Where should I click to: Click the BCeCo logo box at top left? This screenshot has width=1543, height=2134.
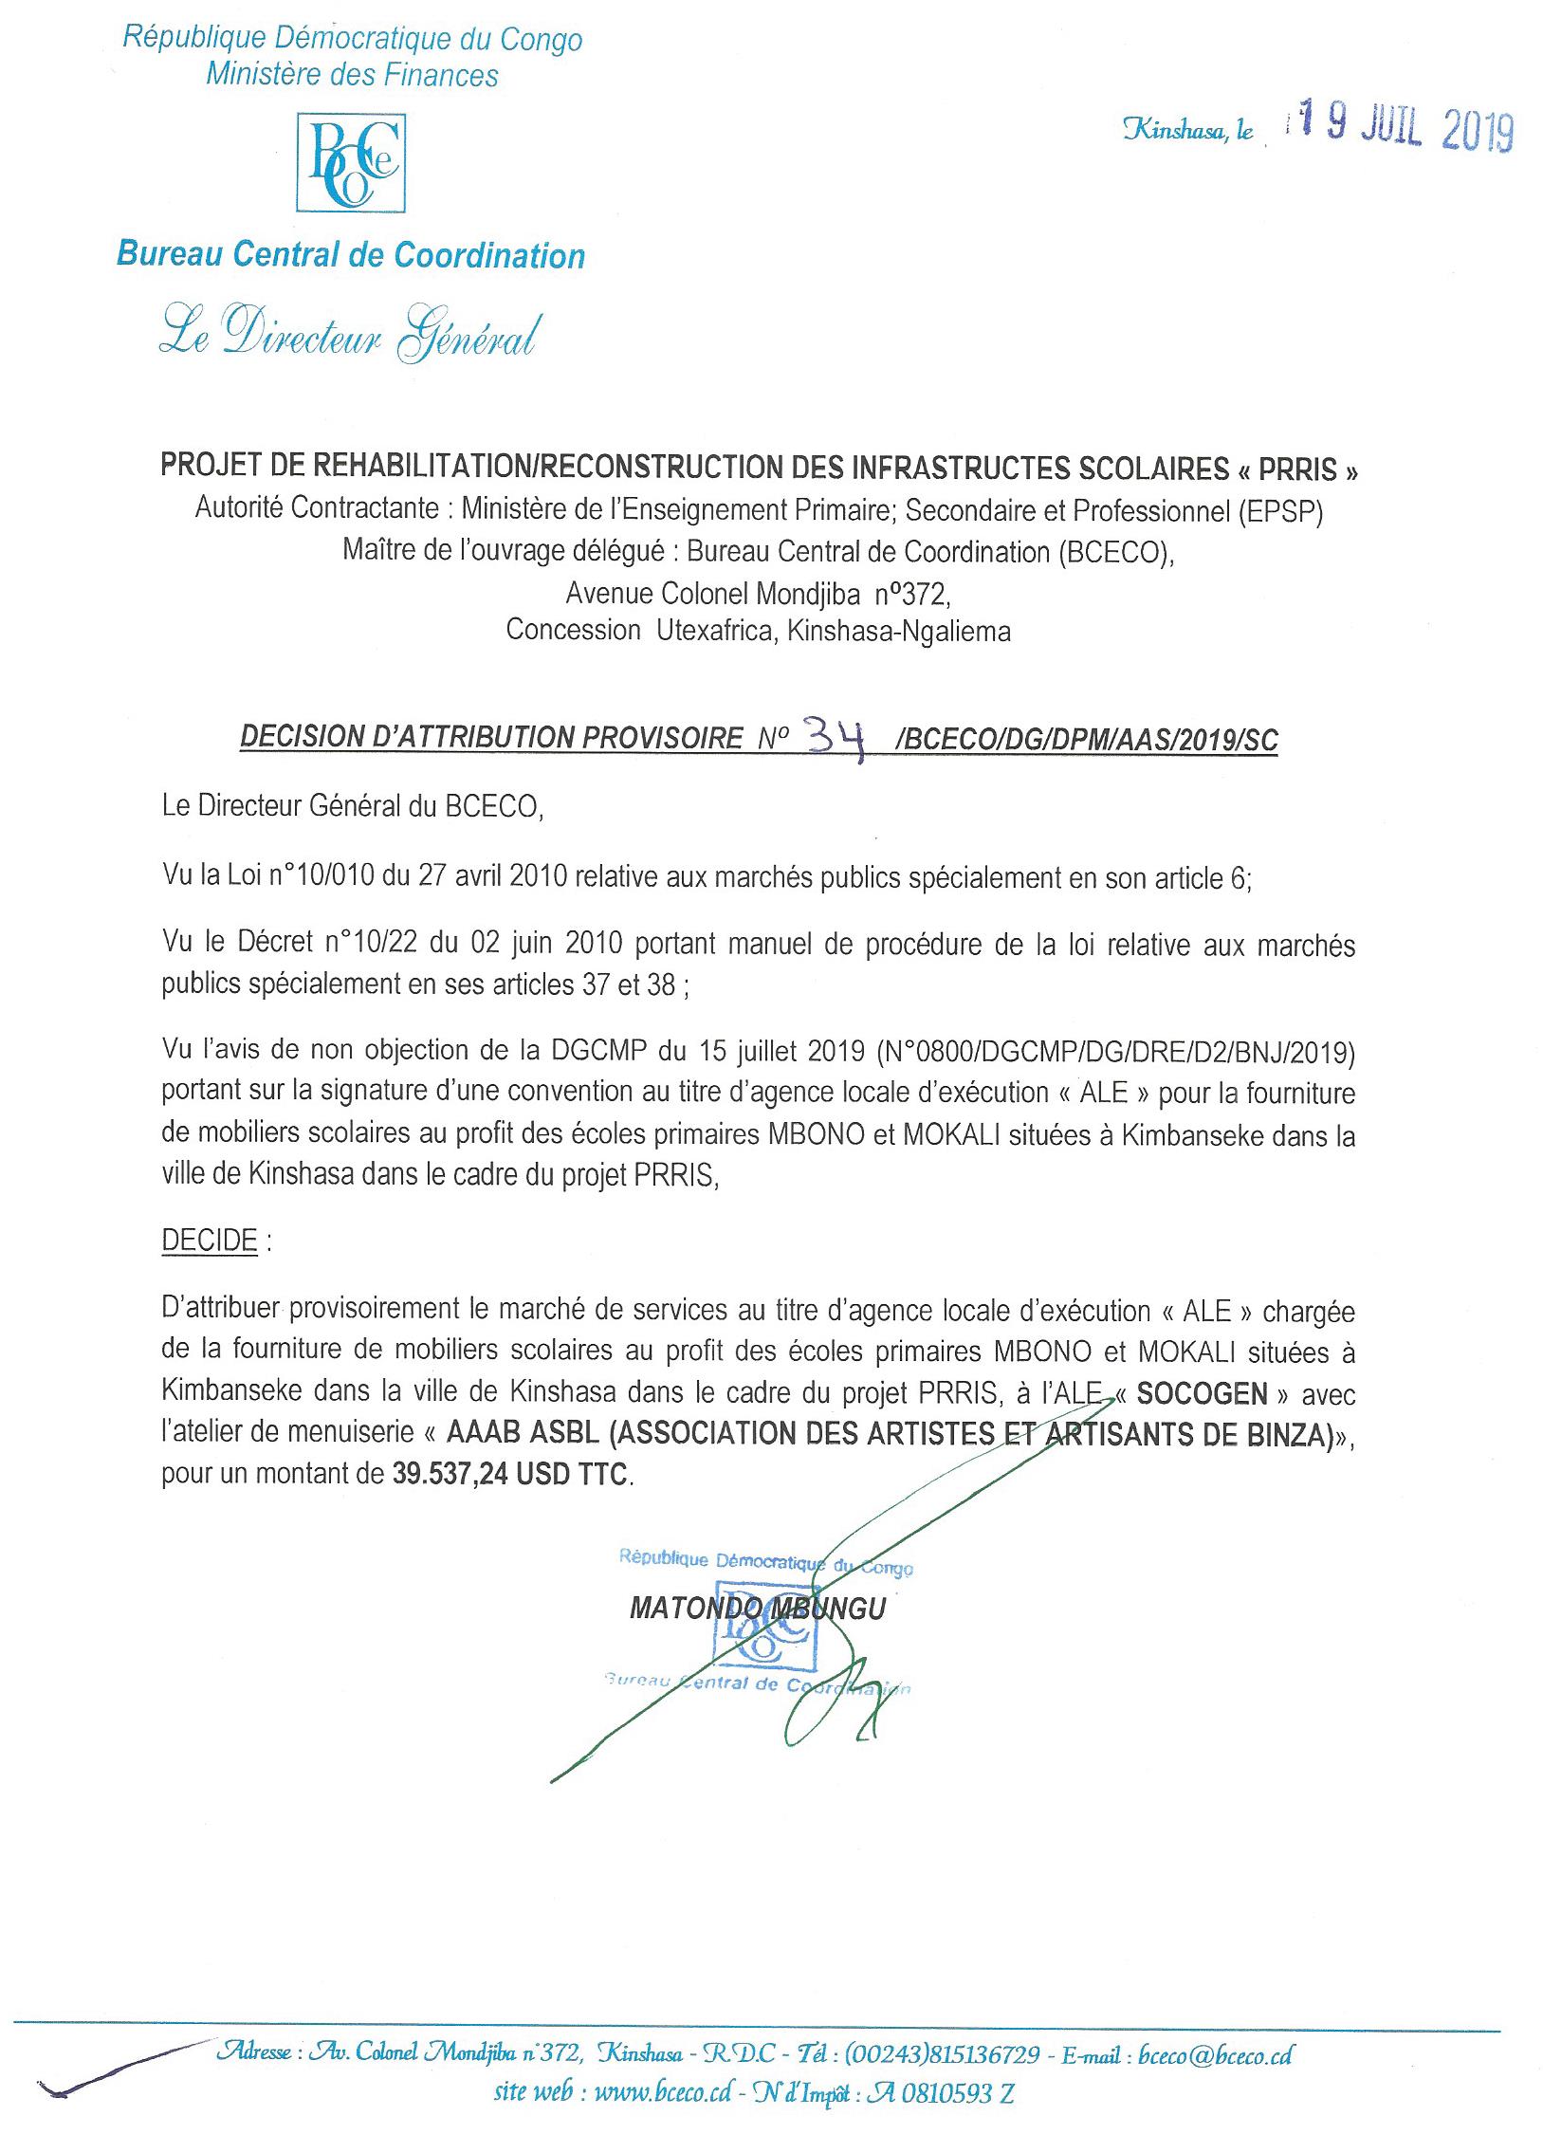point(351,163)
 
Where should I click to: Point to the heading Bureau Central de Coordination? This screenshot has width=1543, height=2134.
point(351,255)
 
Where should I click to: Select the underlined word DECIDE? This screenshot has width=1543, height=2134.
point(210,1241)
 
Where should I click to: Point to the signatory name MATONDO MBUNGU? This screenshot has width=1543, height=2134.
point(757,1609)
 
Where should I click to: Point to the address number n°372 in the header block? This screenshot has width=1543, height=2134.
point(909,594)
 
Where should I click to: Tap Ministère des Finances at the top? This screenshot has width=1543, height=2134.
point(352,75)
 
